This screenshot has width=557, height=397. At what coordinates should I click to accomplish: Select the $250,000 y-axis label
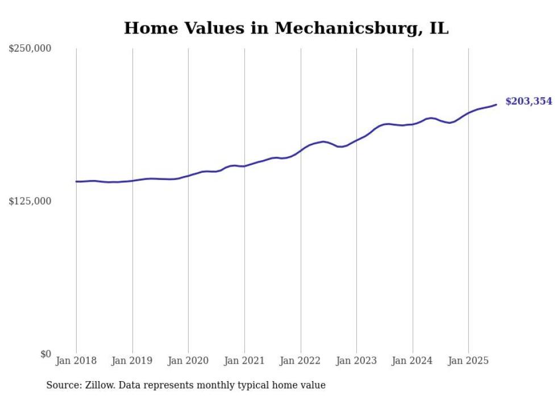point(30,49)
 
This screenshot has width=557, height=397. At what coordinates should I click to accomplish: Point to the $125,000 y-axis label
point(30,202)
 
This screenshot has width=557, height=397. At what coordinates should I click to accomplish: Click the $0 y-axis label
point(45,354)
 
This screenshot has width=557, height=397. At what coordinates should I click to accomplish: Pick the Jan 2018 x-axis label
point(76,361)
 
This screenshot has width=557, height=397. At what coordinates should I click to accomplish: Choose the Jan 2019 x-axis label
point(132,361)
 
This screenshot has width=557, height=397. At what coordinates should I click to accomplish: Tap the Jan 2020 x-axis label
point(188,361)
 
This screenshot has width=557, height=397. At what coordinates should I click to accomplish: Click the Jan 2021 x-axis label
point(244,361)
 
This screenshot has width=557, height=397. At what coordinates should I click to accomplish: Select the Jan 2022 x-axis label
point(300,361)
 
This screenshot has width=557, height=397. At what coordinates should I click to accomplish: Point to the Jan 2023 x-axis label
point(356,361)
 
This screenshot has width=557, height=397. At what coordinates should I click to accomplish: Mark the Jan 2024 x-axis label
point(412,361)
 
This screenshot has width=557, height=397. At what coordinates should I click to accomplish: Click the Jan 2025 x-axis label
point(468,361)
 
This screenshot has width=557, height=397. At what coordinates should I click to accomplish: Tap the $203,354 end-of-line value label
point(528,102)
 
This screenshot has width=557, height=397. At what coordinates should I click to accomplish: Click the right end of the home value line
point(496,105)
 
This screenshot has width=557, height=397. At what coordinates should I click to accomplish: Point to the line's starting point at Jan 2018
point(76,182)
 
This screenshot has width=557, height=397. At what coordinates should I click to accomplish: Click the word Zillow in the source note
point(99,385)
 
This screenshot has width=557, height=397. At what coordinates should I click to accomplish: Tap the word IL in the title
point(439,28)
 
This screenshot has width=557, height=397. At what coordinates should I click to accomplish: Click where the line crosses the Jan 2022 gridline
point(300,151)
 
